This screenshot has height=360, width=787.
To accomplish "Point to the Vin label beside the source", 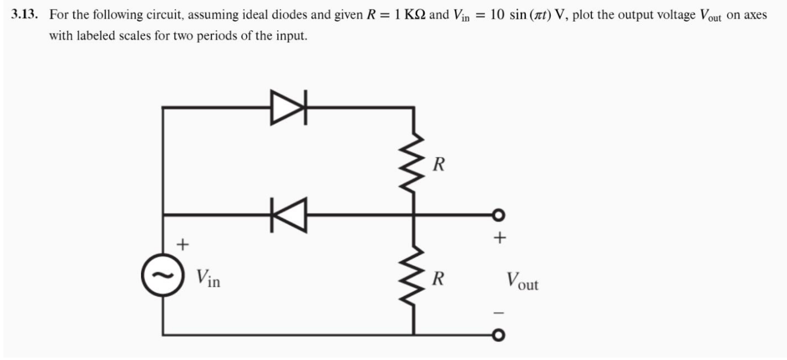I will [x=207, y=278].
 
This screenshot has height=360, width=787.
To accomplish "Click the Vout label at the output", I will [x=521, y=280].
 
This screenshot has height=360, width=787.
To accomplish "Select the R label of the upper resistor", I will [x=438, y=165].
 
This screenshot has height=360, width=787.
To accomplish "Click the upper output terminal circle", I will [x=498, y=215].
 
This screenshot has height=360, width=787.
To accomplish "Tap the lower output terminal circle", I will [x=498, y=336].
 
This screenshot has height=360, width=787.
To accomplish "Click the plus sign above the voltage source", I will [x=182, y=244].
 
